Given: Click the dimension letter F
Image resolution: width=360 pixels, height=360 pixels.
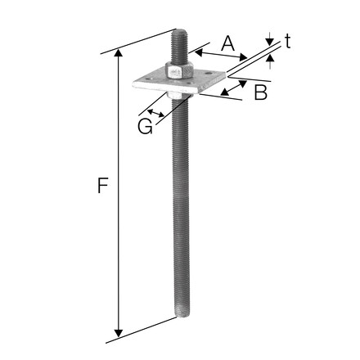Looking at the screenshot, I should (x=101, y=187).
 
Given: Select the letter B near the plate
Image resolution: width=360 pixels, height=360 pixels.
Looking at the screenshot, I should (x=260, y=92).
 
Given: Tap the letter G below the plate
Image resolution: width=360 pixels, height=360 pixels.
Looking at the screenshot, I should (x=145, y=126).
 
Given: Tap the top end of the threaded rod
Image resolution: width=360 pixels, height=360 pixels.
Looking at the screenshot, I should (x=179, y=34).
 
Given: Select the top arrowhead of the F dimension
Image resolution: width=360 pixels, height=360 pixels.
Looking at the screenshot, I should (x=120, y=52).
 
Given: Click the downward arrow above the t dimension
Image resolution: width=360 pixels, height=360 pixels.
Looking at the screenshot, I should (x=269, y=42).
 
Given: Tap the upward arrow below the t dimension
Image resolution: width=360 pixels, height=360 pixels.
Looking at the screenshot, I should (x=270, y=62).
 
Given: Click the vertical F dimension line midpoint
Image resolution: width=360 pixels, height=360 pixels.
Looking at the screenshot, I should (x=120, y=192).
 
